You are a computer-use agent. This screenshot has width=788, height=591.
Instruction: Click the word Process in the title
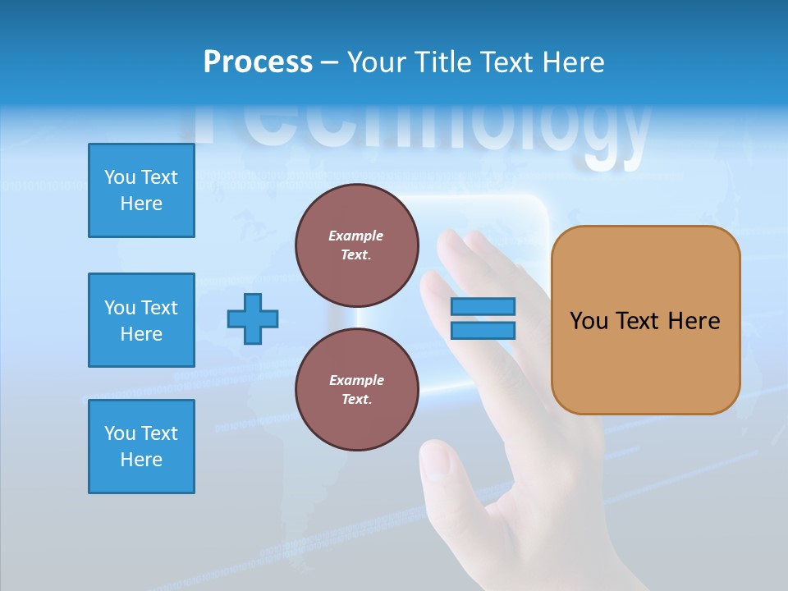click(258, 62)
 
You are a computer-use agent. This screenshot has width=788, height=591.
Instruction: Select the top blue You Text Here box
click(141, 190)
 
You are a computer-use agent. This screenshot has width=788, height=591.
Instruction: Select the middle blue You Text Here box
click(141, 320)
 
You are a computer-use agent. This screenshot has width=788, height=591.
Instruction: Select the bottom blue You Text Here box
click(141, 447)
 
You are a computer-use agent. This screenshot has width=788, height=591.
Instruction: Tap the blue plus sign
click(253, 318)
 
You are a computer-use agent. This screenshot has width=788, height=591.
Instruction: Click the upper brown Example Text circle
click(357, 245)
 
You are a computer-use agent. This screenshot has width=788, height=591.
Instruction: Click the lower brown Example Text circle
click(357, 390)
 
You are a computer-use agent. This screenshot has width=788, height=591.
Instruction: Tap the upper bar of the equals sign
click(483, 306)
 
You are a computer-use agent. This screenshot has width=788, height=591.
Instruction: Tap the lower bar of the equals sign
click(483, 331)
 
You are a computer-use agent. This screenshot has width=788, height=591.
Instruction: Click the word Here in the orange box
click(694, 321)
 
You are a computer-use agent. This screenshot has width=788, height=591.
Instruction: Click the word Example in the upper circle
click(356, 236)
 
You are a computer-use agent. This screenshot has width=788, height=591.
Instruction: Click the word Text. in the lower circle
click(356, 400)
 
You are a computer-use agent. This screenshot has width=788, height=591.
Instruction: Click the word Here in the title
click(572, 62)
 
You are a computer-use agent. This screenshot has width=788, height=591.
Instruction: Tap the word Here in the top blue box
click(141, 204)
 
